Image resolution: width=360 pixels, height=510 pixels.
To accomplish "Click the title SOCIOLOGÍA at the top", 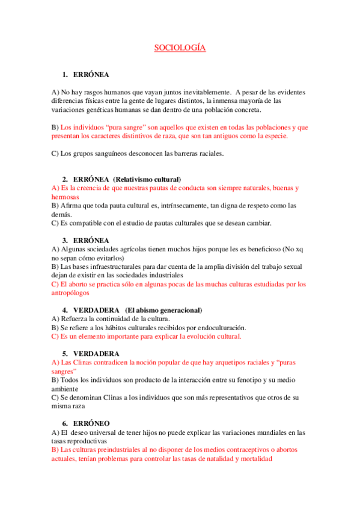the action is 180,48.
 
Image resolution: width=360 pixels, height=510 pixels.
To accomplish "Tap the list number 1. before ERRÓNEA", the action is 66,75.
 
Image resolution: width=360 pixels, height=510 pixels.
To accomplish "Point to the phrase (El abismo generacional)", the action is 163,310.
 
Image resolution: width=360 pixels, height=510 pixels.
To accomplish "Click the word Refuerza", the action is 73,319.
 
